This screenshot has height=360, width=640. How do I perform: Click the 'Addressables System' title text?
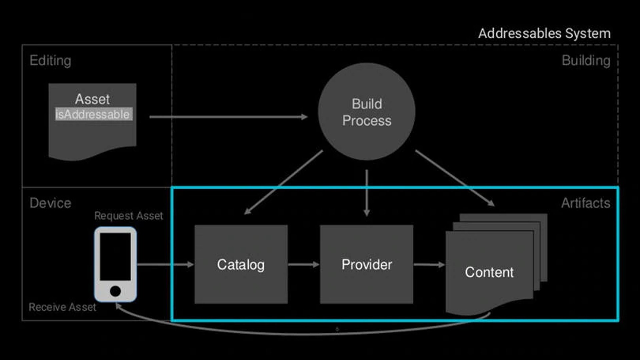tap(544, 33)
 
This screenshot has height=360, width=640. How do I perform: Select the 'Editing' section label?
tap(50, 61)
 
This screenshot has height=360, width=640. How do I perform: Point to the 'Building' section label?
tap(586, 61)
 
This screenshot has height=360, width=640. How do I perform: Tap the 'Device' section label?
tap(50, 203)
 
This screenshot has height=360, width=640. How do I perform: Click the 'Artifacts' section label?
tap(585, 203)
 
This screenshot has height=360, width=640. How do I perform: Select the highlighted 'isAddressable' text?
tap(93, 114)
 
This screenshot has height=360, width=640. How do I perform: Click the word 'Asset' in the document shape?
tap(92, 99)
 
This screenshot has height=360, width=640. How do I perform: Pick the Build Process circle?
tap(366, 112)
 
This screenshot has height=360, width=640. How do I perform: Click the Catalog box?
tap(241, 264)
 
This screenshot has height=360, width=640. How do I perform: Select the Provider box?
tap(366, 264)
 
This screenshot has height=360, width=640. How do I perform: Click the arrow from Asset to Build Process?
tap(228, 117)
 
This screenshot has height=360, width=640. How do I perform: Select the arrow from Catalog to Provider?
tap(303, 265)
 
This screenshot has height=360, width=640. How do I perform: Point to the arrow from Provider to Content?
tap(429, 265)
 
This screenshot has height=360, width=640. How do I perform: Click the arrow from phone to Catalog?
tap(165, 265)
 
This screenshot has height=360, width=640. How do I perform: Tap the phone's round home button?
tap(115, 291)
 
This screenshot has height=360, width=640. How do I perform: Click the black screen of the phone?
tap(115, 256)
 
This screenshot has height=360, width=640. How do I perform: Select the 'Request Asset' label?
tap(129, 216)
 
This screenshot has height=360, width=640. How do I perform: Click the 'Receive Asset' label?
tap(62, 307)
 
